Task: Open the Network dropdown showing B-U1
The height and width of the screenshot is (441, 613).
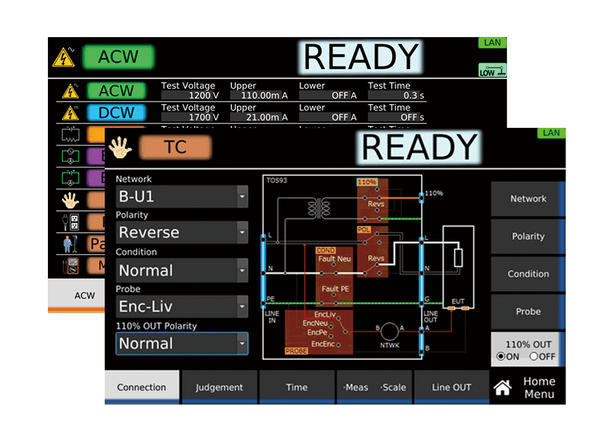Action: [181, 196]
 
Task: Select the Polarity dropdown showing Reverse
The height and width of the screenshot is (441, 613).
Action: [181, 232]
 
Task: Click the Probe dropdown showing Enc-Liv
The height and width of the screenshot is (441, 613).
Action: [181, 307]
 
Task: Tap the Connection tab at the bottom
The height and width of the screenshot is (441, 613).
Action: [142, 387]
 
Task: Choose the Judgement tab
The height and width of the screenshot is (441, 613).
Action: [219, 387]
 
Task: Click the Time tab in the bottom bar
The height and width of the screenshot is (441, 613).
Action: [296, 387]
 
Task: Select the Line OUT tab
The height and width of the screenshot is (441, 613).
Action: [451, 387]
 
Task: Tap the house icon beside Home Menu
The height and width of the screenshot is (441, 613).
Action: [503, 387]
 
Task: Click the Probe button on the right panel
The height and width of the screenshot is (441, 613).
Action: [528, 311]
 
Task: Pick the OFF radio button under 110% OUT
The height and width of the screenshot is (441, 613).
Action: [534, 357]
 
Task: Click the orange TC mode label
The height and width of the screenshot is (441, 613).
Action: [175, 148]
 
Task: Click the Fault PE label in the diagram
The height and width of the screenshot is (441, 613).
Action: [335, 289]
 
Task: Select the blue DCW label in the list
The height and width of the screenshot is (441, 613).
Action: [116, 113]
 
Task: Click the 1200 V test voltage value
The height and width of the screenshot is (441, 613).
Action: [190, 95]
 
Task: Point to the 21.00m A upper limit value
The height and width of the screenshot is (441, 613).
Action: [259, 117]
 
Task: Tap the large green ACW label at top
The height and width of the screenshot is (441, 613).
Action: [118, 56]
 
